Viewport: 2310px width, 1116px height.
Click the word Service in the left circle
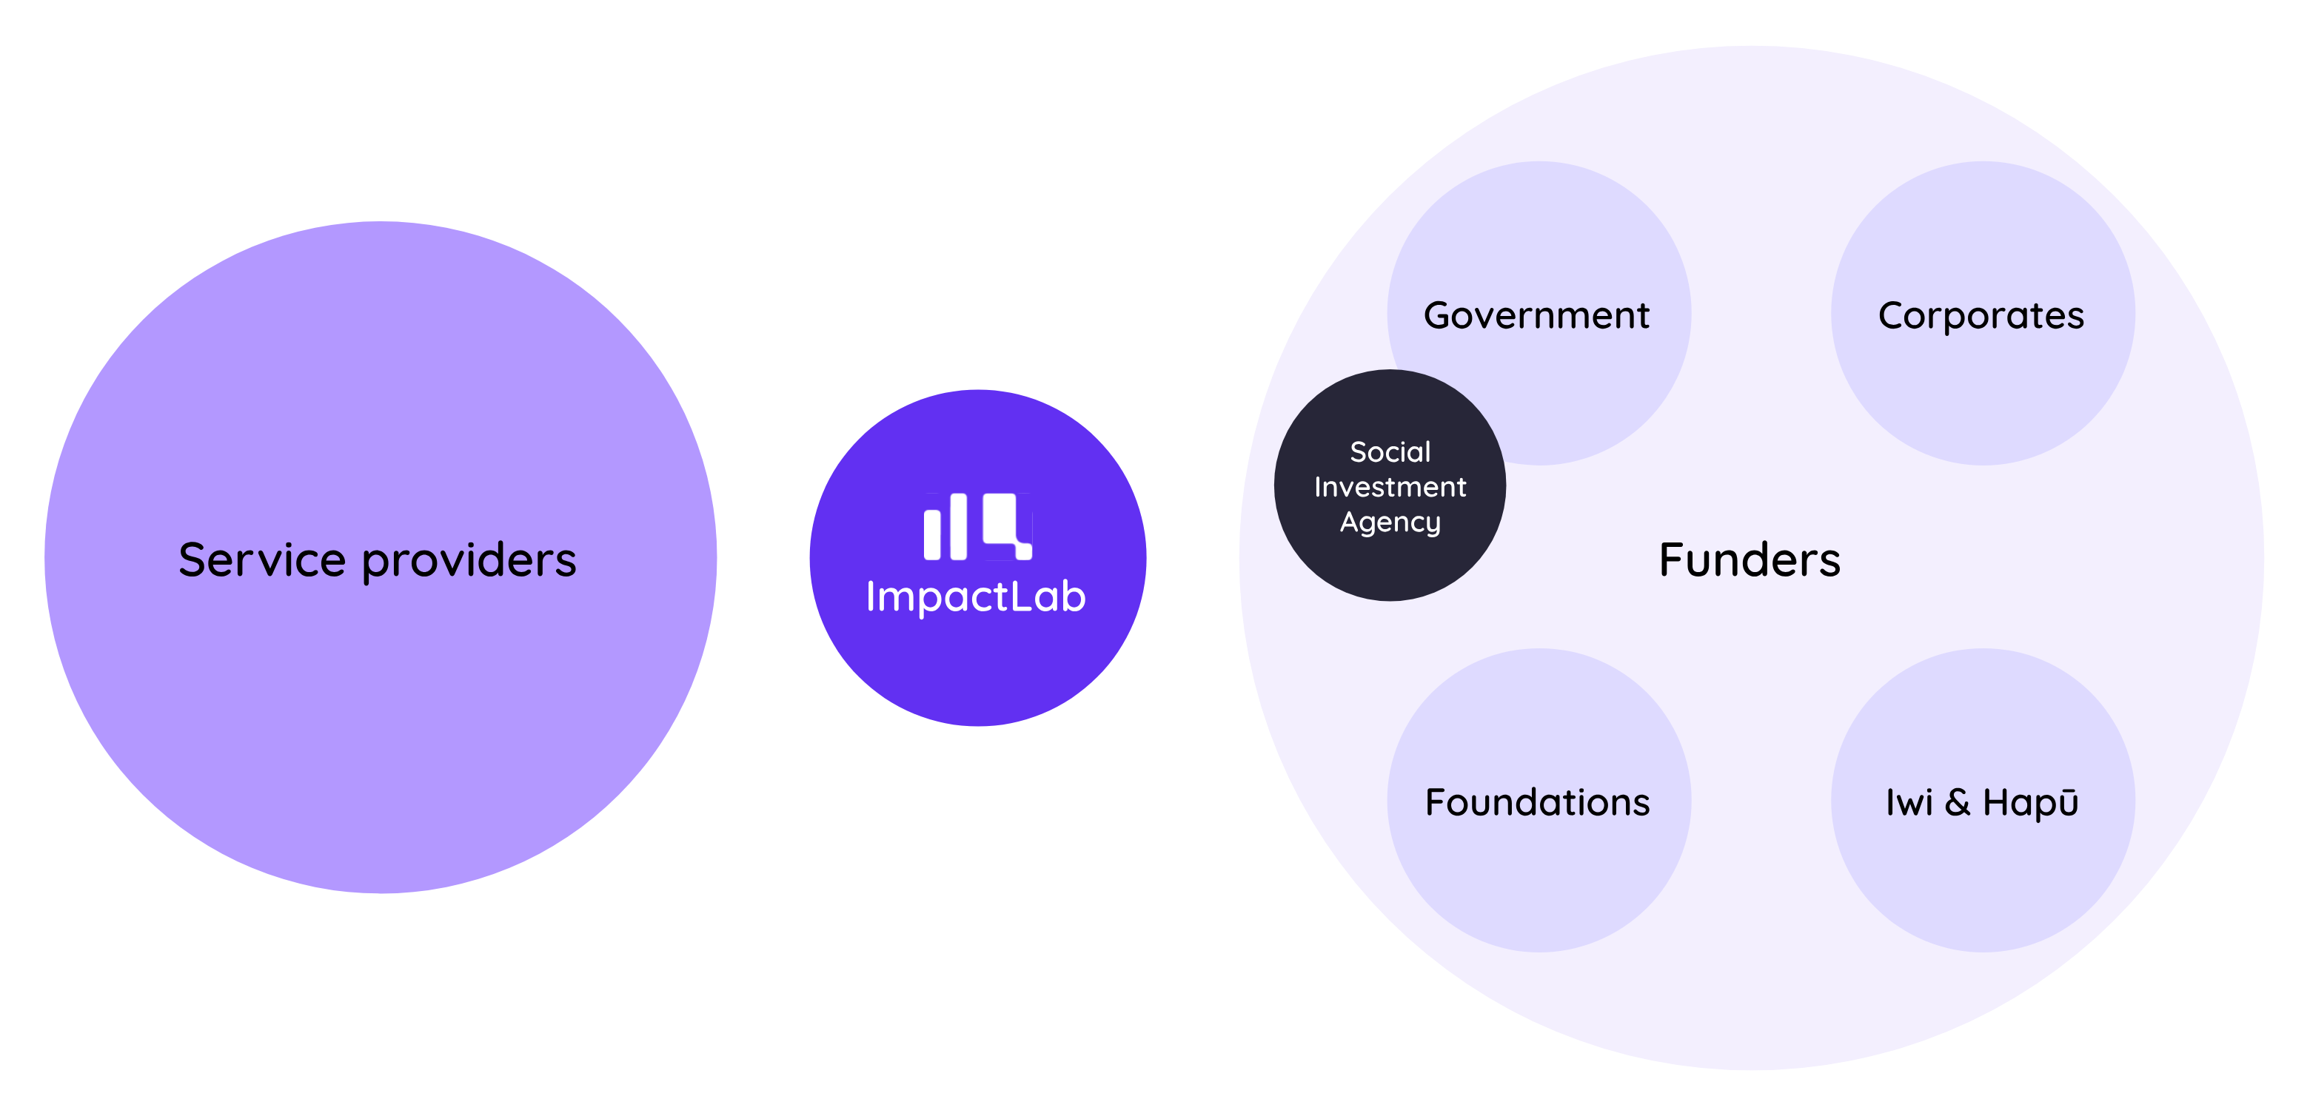tap(262, 560)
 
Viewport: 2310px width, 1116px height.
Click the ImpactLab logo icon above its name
tap(977, 527)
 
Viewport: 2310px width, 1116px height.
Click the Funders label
tap(1750, 560)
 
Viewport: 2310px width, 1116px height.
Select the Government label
tap(1536, 315)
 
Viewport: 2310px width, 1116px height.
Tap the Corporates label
tap(1981, 315)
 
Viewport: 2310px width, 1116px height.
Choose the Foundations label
tap(1537, 802)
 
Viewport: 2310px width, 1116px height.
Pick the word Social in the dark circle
tap(1390, 451)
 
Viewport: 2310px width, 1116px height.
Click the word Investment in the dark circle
tap(1390, 487)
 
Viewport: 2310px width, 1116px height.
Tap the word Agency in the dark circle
tap(1390, 522)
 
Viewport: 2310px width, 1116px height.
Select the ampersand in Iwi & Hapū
tap(1958, 802)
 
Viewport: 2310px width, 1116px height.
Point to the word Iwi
tap(1908, 802)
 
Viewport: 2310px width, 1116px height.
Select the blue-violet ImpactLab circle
tap(977, 672)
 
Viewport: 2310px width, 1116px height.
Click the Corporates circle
tap(1983, 394)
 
